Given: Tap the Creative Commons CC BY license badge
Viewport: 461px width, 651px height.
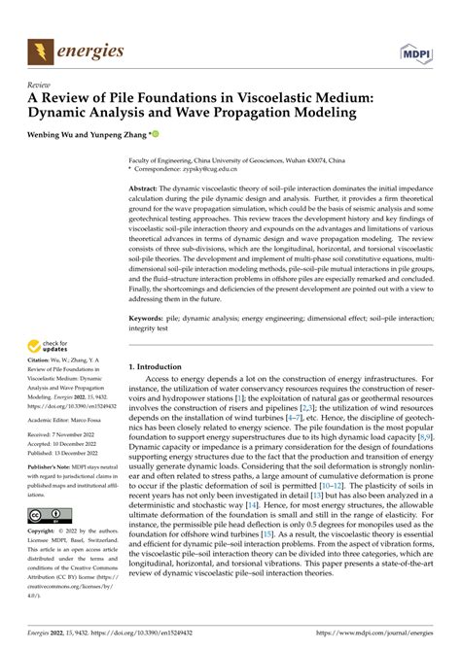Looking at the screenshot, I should tap(48, 514).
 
